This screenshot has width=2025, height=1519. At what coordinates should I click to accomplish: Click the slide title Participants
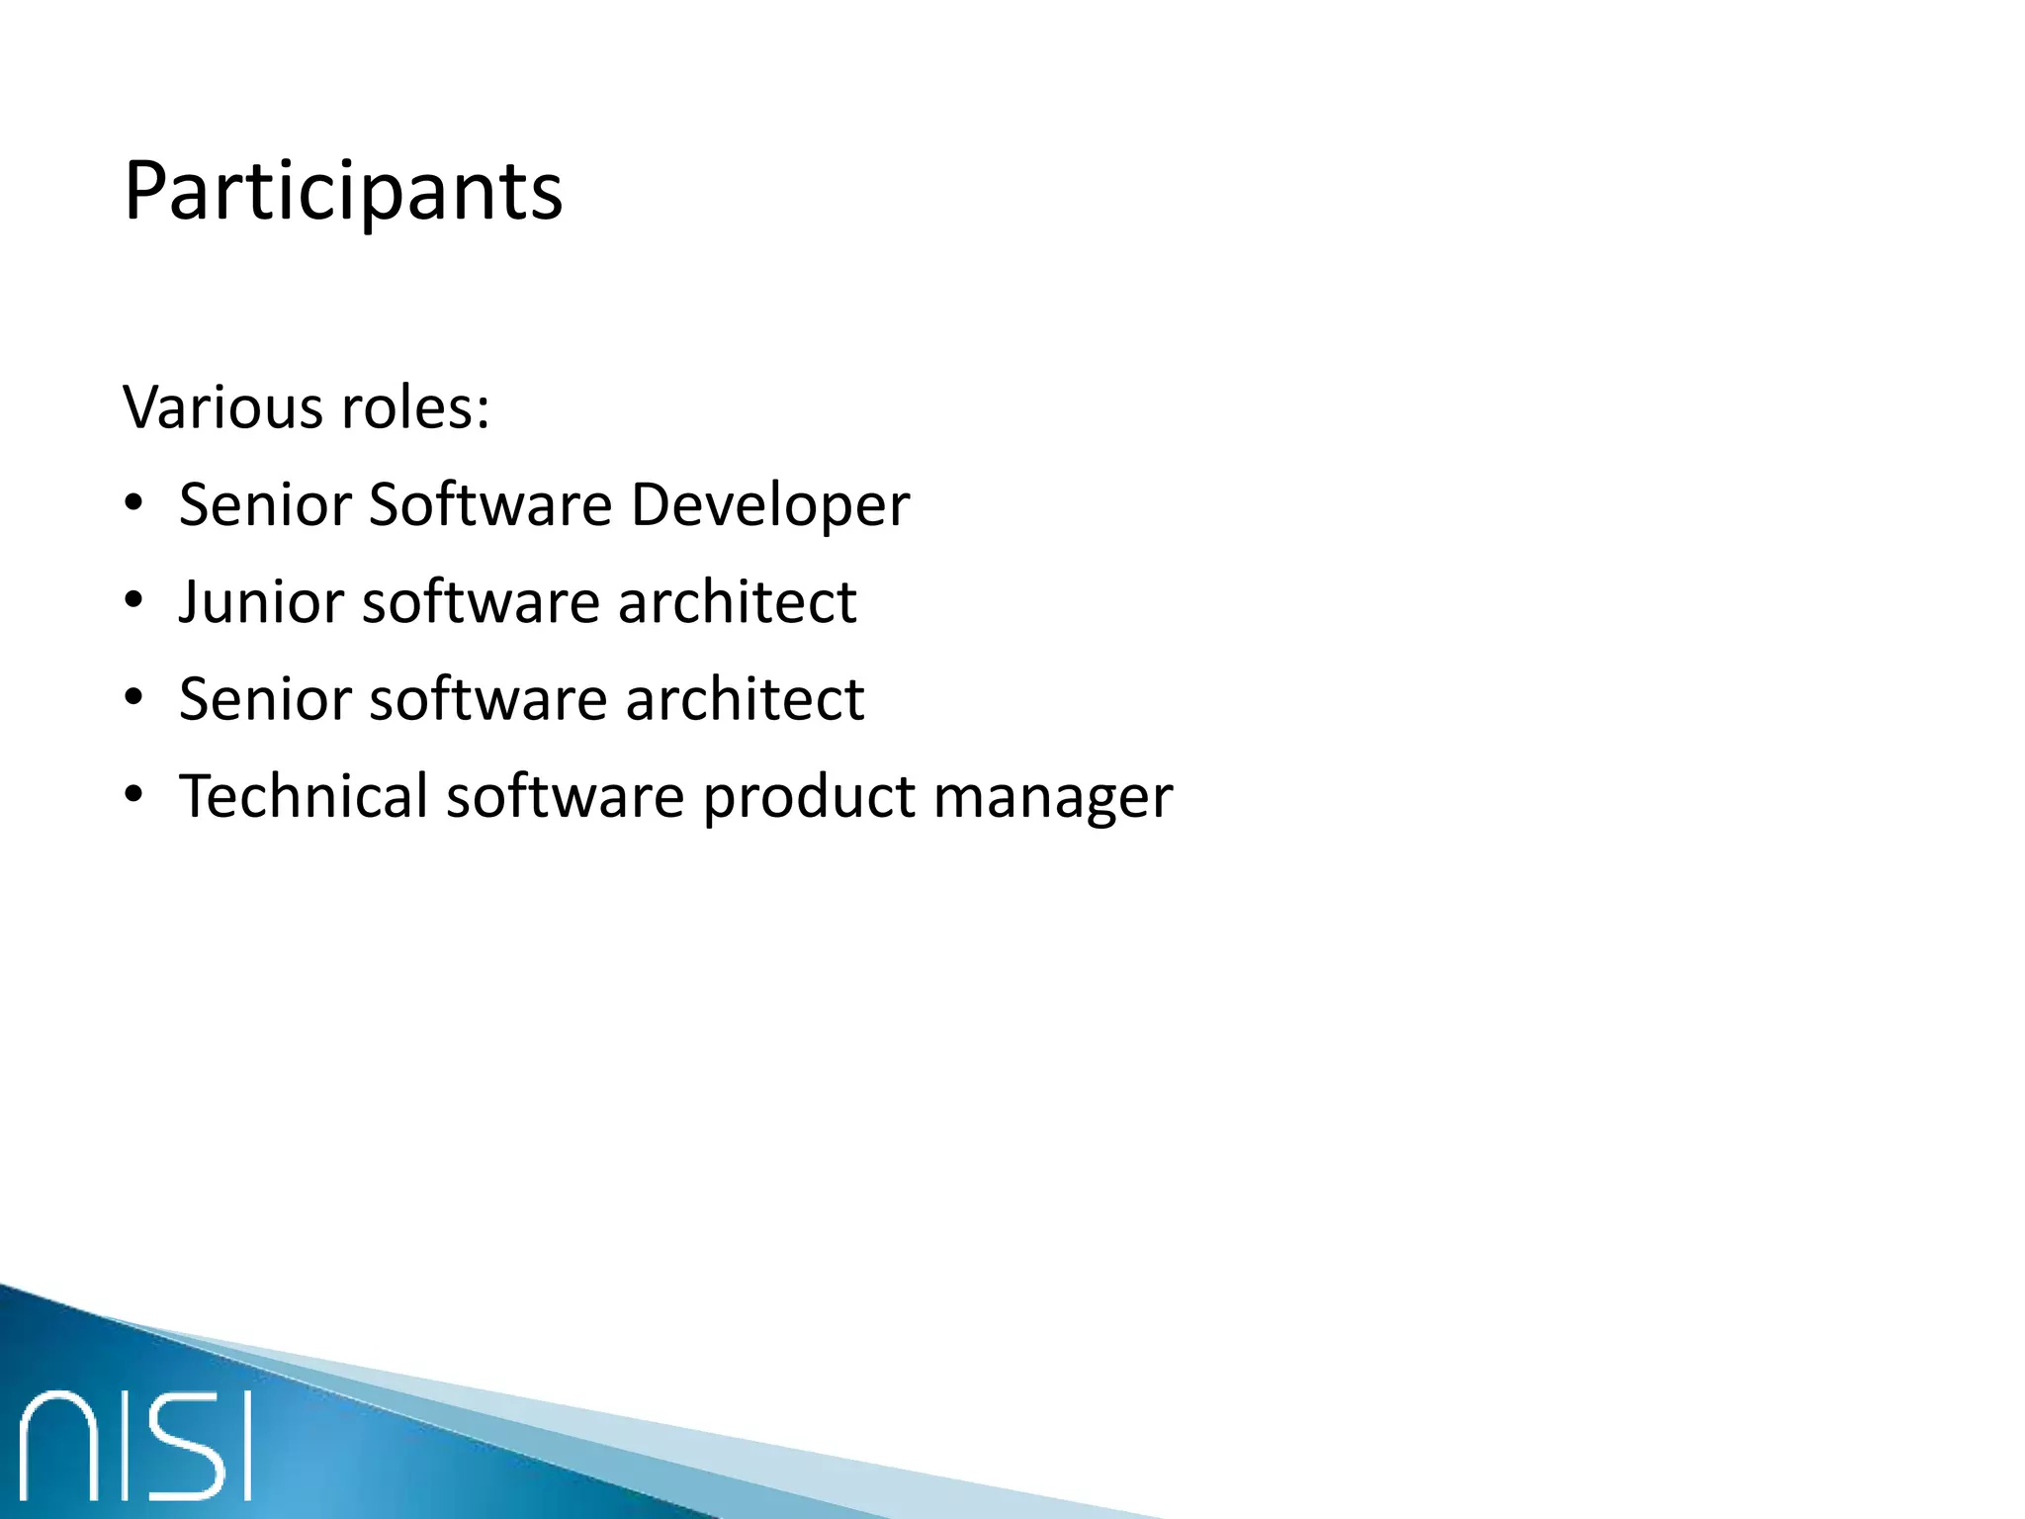tap(343, 192)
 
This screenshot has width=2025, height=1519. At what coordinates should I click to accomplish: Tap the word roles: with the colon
tap(414, 406)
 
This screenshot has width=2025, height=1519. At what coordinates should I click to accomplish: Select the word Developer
tap(769, 505)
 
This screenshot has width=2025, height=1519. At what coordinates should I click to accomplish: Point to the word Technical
tap(303, 796)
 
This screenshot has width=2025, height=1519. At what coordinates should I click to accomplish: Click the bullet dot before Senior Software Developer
tap(134, 504)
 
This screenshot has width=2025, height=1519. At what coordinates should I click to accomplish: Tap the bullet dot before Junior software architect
tap(134, 601)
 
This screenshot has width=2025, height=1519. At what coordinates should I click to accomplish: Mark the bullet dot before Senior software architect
tap(134, 698)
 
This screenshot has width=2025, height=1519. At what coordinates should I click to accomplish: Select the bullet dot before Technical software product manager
tap(134, 795)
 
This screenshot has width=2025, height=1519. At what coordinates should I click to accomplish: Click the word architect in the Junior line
tap(737, 602)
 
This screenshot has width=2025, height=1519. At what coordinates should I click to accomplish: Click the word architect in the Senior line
tap(745, 699)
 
